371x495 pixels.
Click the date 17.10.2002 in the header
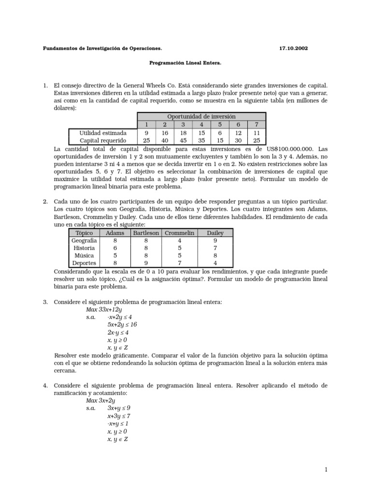click(x=293, y=49)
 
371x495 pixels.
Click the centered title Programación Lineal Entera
click(x=185, y=63)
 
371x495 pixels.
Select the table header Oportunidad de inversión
click(x=201, y=116)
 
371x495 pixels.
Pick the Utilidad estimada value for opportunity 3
click(x=183, y=132)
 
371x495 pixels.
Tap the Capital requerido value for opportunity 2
click(x=165, y=140)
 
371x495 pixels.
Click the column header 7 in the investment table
click(x=257, y=125)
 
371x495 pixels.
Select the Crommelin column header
click(x=179, y=233)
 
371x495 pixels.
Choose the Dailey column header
click(x=215, y=233)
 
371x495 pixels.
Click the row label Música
click(x=84, y=256)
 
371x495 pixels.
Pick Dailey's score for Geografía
click(x=215, y=240)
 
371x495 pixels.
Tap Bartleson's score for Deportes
click(x=146, y=263)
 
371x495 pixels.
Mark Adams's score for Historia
click(x=115, y=248)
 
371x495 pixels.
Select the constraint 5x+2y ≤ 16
click(x=122, y=325)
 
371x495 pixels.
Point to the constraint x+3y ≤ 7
click(x=119, y=416)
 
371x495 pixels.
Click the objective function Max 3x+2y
click(x=100, y=400)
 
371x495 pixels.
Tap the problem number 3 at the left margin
click(x=45, y=302)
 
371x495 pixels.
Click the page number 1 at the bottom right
click(x=326, y=469)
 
